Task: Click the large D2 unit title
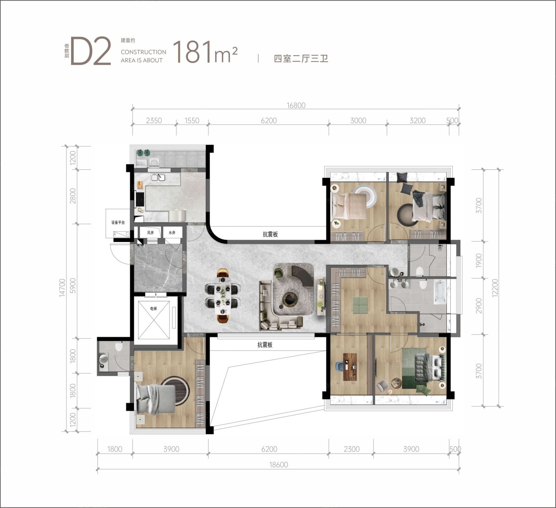(91, 51)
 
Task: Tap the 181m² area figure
(205, 52)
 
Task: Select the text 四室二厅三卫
(301, 59)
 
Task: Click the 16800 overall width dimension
(296, 105)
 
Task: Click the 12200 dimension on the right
(495, 288)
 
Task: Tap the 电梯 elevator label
(154, 308)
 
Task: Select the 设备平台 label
(118, 222)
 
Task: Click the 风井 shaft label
(151, 233)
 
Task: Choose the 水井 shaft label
(172, 233)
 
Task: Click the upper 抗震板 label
(270, 234)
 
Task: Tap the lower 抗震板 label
(265, 344)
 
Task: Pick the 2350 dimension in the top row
(154, 121)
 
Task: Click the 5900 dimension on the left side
(73, 286)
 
